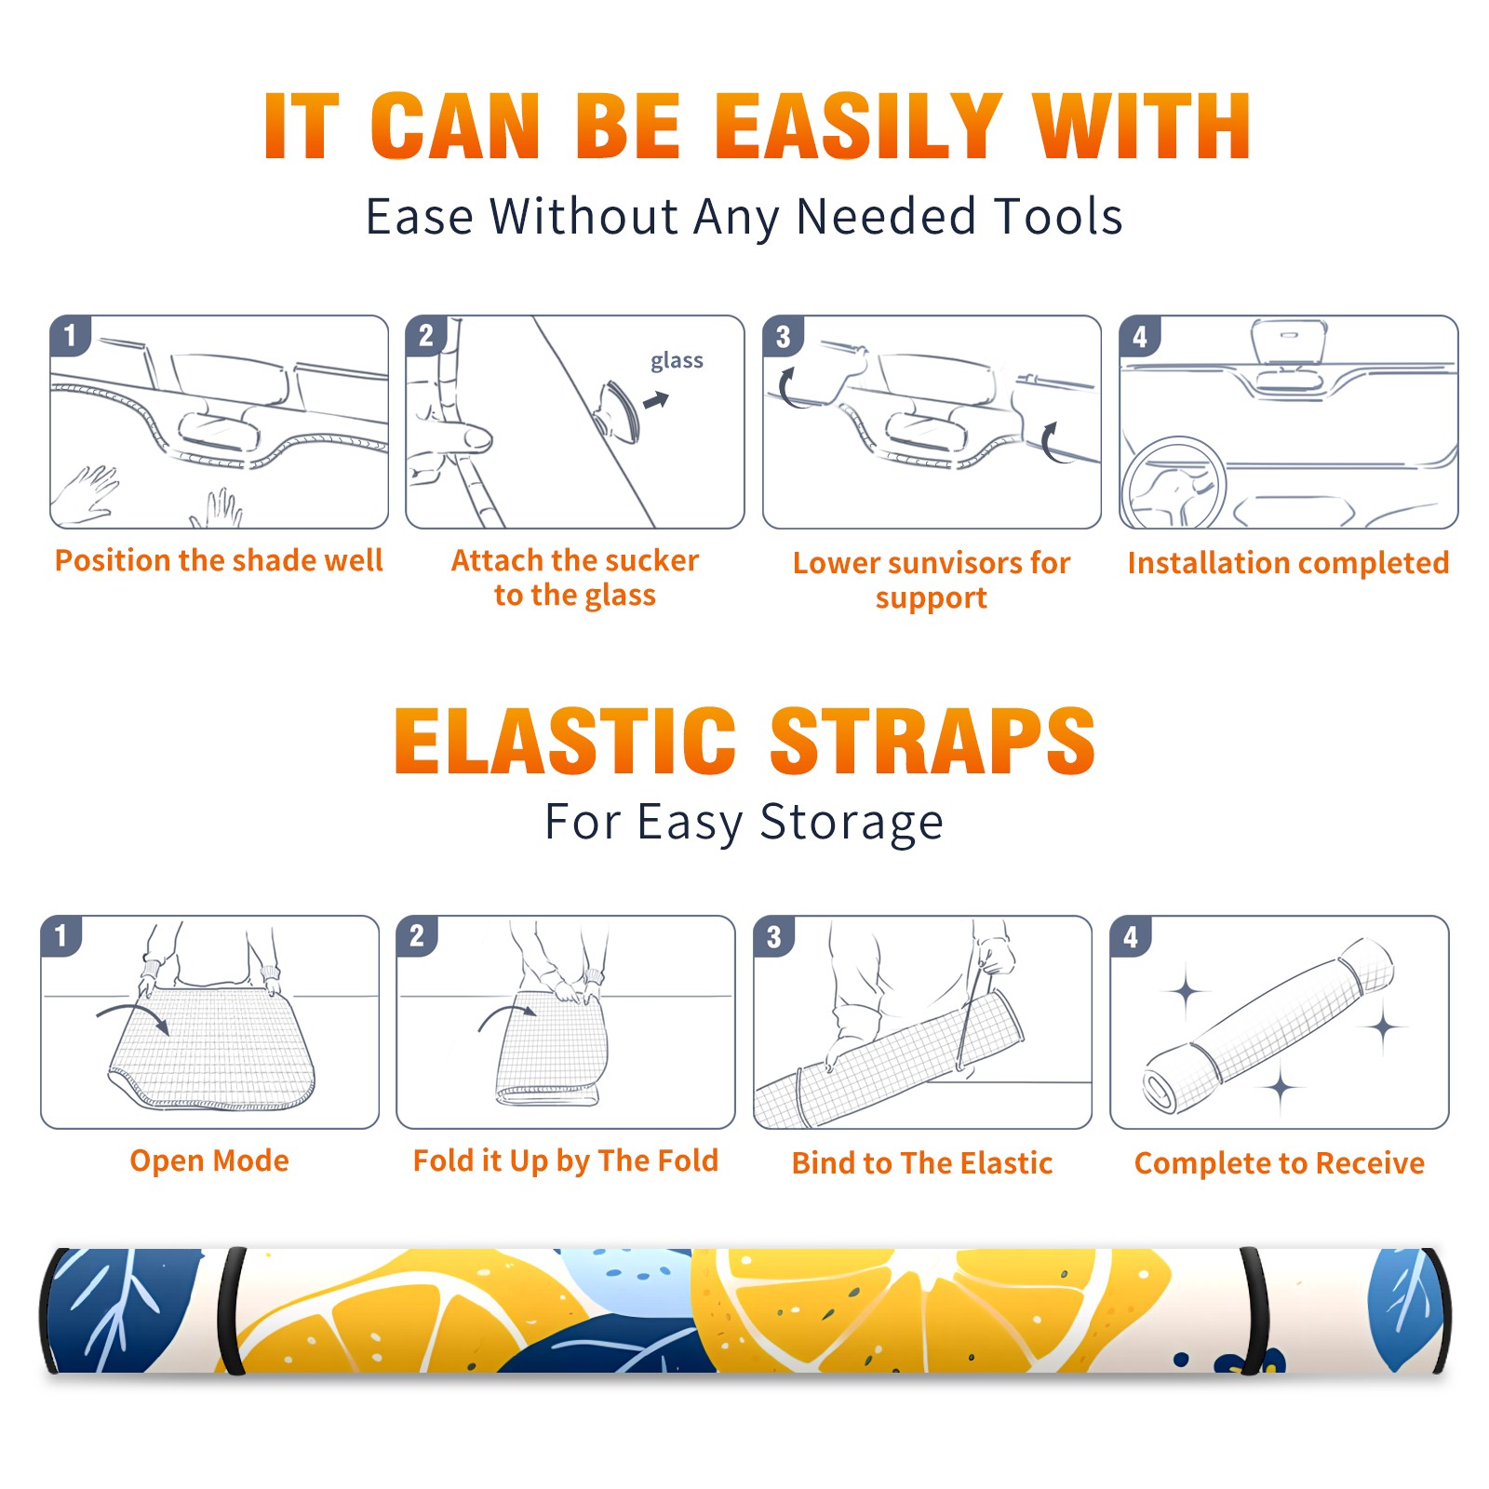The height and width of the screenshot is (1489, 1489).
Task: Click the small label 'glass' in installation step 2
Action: click(x=677, y=361)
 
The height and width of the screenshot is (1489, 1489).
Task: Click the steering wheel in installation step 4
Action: click(x=1173, y=484)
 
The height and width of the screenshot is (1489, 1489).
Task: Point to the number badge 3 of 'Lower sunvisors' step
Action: click(x=783, y=337)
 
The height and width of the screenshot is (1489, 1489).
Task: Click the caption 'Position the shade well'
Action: click(x=219, y=560)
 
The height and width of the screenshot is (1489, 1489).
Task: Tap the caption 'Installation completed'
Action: click(x=1288, y=563)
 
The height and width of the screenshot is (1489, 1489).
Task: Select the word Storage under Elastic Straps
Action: click(x=852, y=824)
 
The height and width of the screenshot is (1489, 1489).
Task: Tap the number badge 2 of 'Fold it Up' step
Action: click(x=417, y=936)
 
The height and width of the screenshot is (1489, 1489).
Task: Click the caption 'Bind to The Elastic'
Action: click(x=921, y=1163)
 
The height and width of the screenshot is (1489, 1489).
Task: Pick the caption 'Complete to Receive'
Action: click(x=1280, y=1163)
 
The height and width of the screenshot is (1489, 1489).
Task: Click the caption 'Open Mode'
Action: click(x=209, y=1161)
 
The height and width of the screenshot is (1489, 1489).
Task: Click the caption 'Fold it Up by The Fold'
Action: click(x=566, y=1161)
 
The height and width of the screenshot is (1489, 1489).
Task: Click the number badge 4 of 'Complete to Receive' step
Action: click(x=1131, y=936)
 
